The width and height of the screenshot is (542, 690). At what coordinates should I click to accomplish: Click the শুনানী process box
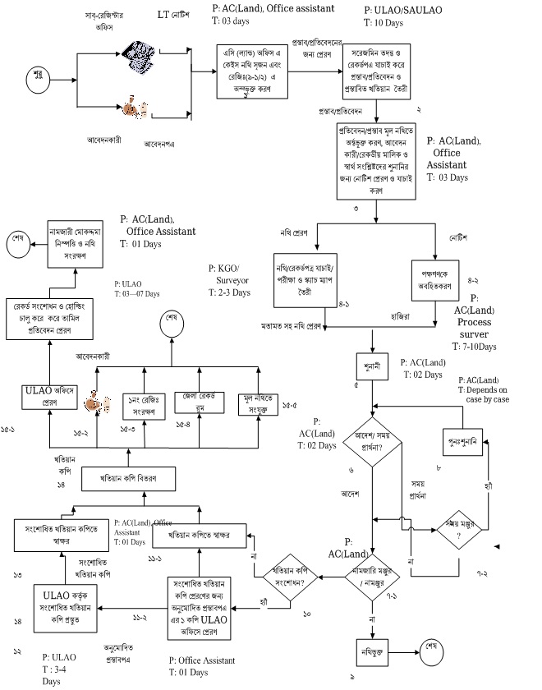pos(373,363)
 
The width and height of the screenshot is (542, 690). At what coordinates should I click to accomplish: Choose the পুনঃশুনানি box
pos(466,439)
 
